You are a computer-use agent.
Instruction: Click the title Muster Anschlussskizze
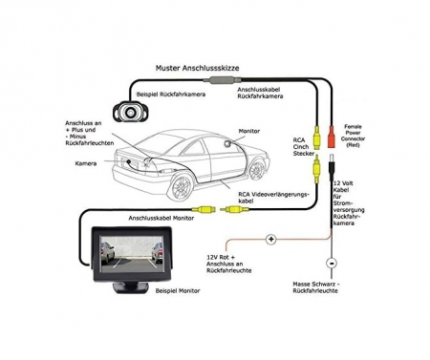197,68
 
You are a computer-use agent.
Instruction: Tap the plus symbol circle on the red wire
270,239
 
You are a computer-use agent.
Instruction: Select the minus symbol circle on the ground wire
332,264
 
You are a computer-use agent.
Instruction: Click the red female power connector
332,137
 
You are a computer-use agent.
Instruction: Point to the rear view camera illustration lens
130,112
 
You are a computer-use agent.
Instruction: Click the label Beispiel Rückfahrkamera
171,95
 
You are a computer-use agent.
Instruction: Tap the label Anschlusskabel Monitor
161,218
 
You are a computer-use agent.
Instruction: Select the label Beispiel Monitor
178,290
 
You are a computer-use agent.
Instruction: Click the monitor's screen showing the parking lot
132,254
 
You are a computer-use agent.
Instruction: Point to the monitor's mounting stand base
131,287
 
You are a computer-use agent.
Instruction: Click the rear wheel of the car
182,187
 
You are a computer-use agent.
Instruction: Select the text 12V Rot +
221,257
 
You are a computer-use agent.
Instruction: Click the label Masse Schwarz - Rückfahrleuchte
316,287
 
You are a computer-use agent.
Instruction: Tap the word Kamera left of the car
86,163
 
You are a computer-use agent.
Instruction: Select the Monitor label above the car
249,131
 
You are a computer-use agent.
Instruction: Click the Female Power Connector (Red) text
353,136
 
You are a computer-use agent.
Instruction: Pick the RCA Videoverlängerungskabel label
273,198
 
